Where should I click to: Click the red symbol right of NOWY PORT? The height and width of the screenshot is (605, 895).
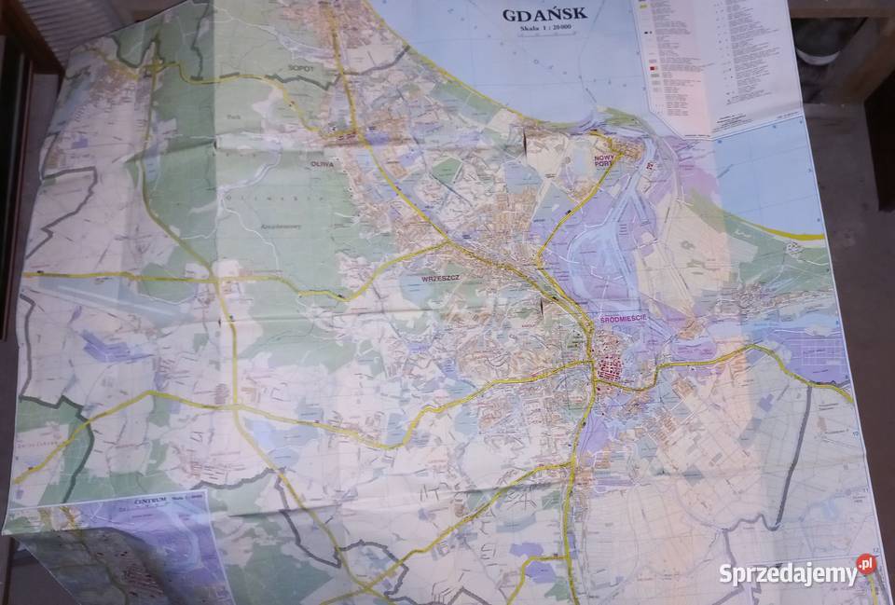(x=652, y=168)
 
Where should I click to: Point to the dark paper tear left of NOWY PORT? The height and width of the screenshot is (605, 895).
(x=529, y=142)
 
